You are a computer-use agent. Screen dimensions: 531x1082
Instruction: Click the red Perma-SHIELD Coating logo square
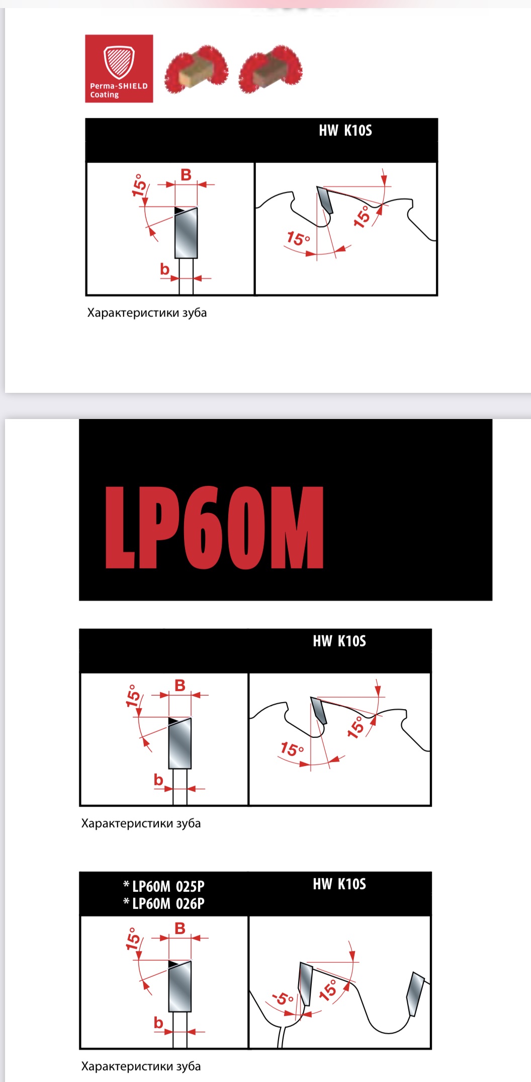tap(119, 68)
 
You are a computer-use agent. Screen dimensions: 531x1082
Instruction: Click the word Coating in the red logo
tap(105, 95)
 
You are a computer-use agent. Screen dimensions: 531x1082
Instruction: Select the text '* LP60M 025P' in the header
tap(164, 886)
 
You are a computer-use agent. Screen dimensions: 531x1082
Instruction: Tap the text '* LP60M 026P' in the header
tap(164, 903)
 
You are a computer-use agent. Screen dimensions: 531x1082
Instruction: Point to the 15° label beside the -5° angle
tap(328, 989)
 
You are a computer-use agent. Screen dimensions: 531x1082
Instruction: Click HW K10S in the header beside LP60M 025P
tap(339, 884)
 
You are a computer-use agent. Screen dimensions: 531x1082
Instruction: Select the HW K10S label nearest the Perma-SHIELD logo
tap(345, 131)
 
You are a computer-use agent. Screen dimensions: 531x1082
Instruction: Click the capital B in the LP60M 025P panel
tap(180, 928)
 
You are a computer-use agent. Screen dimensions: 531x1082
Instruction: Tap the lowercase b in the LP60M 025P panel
tap(158, 1022)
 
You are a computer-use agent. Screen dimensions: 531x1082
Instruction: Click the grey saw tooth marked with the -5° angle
tap(305, 983)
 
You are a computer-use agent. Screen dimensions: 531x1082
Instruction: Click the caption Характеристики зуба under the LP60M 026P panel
tap(141, 1066)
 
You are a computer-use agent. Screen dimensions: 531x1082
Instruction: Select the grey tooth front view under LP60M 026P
tap(180, 986)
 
